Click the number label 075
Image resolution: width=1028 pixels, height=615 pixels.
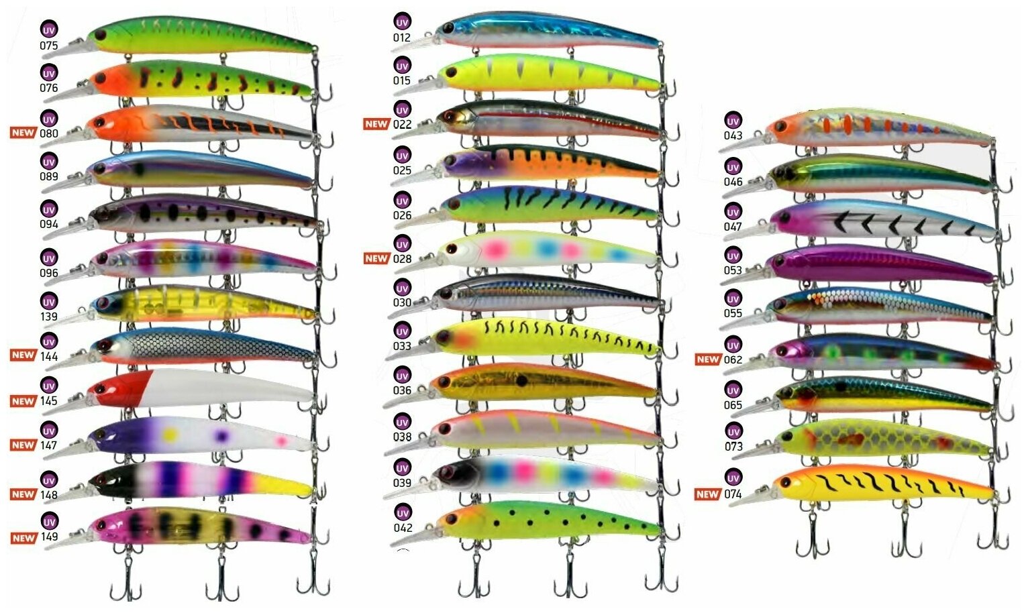tap(48, 46)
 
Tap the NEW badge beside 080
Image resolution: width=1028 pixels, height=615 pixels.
tap(23, 133)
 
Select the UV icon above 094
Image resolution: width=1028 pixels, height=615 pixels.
tap(48, 209)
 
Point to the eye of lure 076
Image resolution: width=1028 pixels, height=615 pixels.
tap(101, 78)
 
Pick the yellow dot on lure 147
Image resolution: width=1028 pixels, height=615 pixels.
tap(170, 435)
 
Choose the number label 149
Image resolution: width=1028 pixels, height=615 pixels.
tap(49, 537)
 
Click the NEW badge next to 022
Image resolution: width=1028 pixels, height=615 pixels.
tap(376, 124)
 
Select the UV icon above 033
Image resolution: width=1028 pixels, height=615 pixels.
tap(402, 331)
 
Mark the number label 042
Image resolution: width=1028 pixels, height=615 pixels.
tap(403, 528)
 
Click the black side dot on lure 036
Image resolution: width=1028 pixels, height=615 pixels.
tap(521, 380)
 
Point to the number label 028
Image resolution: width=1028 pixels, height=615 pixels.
tap(402, 259)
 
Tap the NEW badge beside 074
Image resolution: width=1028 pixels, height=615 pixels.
tap(707, 494)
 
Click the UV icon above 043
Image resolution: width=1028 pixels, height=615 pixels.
tap(733, 121)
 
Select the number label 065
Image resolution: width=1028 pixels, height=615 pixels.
tap(733, 405)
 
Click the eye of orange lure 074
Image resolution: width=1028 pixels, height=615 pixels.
tap(786, 482)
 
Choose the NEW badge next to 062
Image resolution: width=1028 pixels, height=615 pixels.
tap(707, 359)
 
